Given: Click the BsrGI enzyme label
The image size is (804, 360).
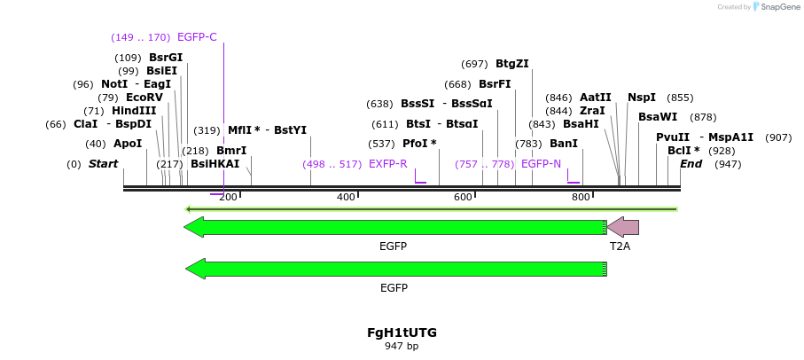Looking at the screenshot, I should pos(166,58).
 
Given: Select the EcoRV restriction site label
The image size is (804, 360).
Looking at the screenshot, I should pos(144,98).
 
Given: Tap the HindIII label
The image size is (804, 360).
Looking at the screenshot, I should pos(134,111).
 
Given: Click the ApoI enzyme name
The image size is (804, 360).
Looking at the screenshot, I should pos(128,144).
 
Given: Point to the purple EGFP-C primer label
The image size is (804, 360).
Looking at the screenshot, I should pos(197,37).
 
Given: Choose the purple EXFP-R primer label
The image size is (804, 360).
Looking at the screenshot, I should pos(388,164).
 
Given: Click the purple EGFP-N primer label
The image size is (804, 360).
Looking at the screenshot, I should pos(541,164).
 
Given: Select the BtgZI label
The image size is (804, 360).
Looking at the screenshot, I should pos(512,64).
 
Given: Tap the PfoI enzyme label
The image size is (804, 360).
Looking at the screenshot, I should pos(419,144).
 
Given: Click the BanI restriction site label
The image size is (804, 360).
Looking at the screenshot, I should pos(564,144).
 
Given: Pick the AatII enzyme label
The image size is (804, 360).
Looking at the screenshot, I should pos(596,98).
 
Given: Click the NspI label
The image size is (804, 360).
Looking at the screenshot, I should pos(642,98).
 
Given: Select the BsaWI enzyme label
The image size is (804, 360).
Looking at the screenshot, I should pos(658,117).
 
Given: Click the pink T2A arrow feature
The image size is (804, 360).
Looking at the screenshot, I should pos(623,227).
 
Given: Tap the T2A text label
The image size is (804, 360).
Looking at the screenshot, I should pos(620,246).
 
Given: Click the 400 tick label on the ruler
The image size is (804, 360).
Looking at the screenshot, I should pos(346,197).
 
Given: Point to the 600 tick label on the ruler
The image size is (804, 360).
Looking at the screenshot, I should pos(463,197).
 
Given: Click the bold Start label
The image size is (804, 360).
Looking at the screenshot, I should pos(103,164).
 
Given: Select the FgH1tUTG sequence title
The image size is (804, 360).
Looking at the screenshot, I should pos(402,333).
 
